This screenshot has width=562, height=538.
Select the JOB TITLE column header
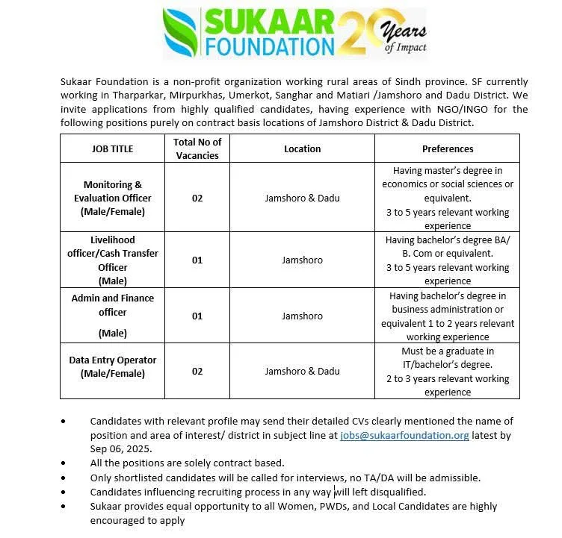112,148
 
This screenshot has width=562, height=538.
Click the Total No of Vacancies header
197,148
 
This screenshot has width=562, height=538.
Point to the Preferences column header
448,148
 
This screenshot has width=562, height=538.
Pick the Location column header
302,148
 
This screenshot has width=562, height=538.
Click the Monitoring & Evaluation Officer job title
112,198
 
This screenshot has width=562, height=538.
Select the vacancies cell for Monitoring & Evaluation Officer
197,198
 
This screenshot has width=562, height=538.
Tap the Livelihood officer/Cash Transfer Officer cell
112,260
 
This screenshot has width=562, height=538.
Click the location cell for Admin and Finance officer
302,316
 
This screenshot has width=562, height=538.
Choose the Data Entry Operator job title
112,366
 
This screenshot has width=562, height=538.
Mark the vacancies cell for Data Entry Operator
197,371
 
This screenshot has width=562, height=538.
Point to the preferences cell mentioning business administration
448,316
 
